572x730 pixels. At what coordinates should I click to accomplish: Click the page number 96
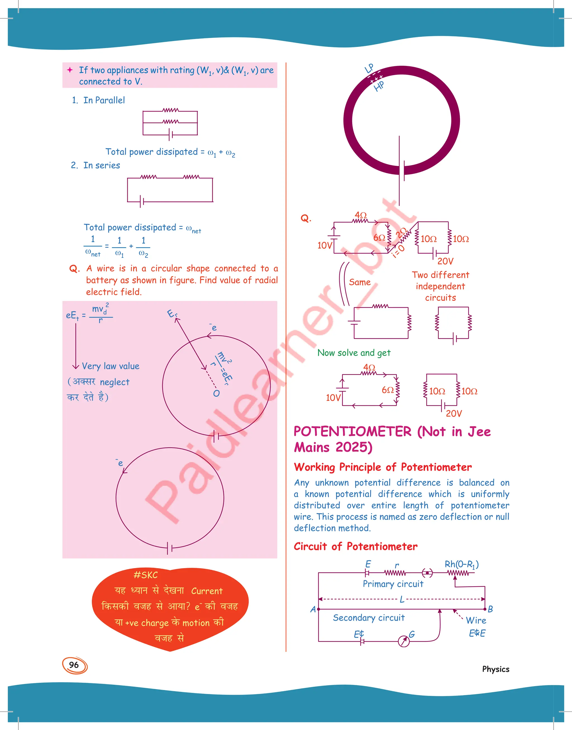[74, 665]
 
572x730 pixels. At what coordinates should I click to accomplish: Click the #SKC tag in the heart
[145, 575]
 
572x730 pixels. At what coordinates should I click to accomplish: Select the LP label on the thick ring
[369, 68]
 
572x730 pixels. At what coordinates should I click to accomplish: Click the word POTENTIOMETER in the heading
[352, 432]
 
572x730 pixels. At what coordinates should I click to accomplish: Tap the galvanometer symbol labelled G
[404, 641]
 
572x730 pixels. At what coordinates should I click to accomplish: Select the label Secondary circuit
[368, 618]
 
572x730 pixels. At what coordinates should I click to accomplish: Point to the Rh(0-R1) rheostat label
[461, 565]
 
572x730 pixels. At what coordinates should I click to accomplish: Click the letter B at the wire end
[490, 609]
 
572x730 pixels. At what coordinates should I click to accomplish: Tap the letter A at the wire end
[313, 609]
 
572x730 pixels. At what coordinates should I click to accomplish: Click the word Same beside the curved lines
[360, 282]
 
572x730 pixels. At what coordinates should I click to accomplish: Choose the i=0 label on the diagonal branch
[399, 251]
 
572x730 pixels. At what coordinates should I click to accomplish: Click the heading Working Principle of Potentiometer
[382, 467]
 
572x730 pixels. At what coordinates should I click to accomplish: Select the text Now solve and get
[354, 353]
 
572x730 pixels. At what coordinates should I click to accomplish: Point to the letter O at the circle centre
[216, 393]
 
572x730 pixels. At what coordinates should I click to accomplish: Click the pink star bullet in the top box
[70, 70]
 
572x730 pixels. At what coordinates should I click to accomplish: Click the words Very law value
[111, 366]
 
